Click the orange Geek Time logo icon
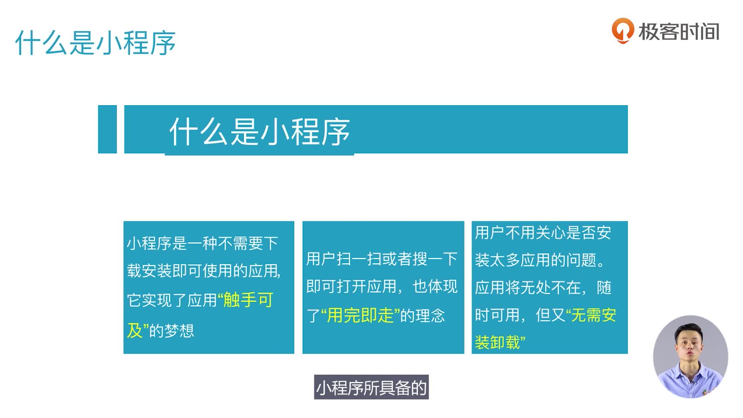pyautogui.click(x=623, y=31)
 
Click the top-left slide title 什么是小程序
pyautogui.click(x=95, y=43)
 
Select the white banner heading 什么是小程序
pyautogui.click(x=260, y=132)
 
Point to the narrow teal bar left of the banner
pyautogui.click(x=107, y=129)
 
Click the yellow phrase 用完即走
pyautogui.click(x=360, y=315)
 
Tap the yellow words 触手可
pyautogui.click(x=248, y=300)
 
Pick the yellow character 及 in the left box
pyautogui.click(x=135, y=331)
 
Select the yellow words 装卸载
pyautogui.click(x=497, y=343)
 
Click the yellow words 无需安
pyautogui.click(x=594, y=315)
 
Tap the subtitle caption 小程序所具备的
pyautogui.click(x=371, y=387)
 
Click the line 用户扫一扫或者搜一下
pyautogui.click(x=382, y=259)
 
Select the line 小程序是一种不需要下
pyautogui.click(x=202, y=243)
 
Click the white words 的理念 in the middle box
pyautogui.click(x=423, y=316)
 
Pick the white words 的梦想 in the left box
pyautogui.click(x=171, y=331)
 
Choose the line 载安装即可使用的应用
pyautogui.click(x=203, y=271)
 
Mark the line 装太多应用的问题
pyautogui.click(x=540, y=260)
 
